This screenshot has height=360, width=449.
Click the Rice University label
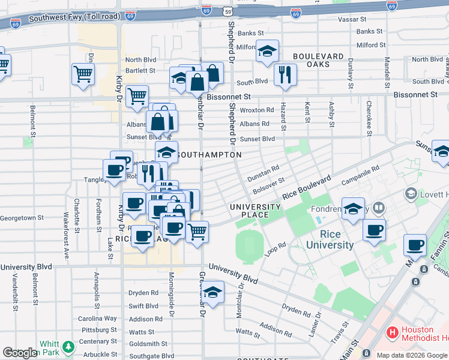(x=330, y=239)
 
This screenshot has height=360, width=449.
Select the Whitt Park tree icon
(x=69, y=347)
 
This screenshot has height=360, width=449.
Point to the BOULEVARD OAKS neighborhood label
(x=318, y=61)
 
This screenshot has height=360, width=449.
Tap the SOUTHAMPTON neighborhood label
(x=210, y=155)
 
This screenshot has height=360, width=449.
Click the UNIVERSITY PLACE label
(x=256, y=211)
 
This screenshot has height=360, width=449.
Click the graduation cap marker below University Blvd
(x=212, y=292)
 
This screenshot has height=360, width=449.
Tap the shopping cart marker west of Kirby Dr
(x=83, y=74)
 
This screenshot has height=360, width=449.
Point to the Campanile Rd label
(x=360, y=176)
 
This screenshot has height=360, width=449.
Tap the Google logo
(x=20, y=353)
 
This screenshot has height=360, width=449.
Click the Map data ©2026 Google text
(x=412, y=355)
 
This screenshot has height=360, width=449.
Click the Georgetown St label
(x=23, y=218)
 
